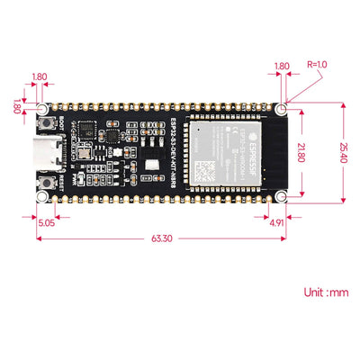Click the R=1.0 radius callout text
(318, 66)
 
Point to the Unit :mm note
(326, 292)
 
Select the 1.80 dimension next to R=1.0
(281, 66)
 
